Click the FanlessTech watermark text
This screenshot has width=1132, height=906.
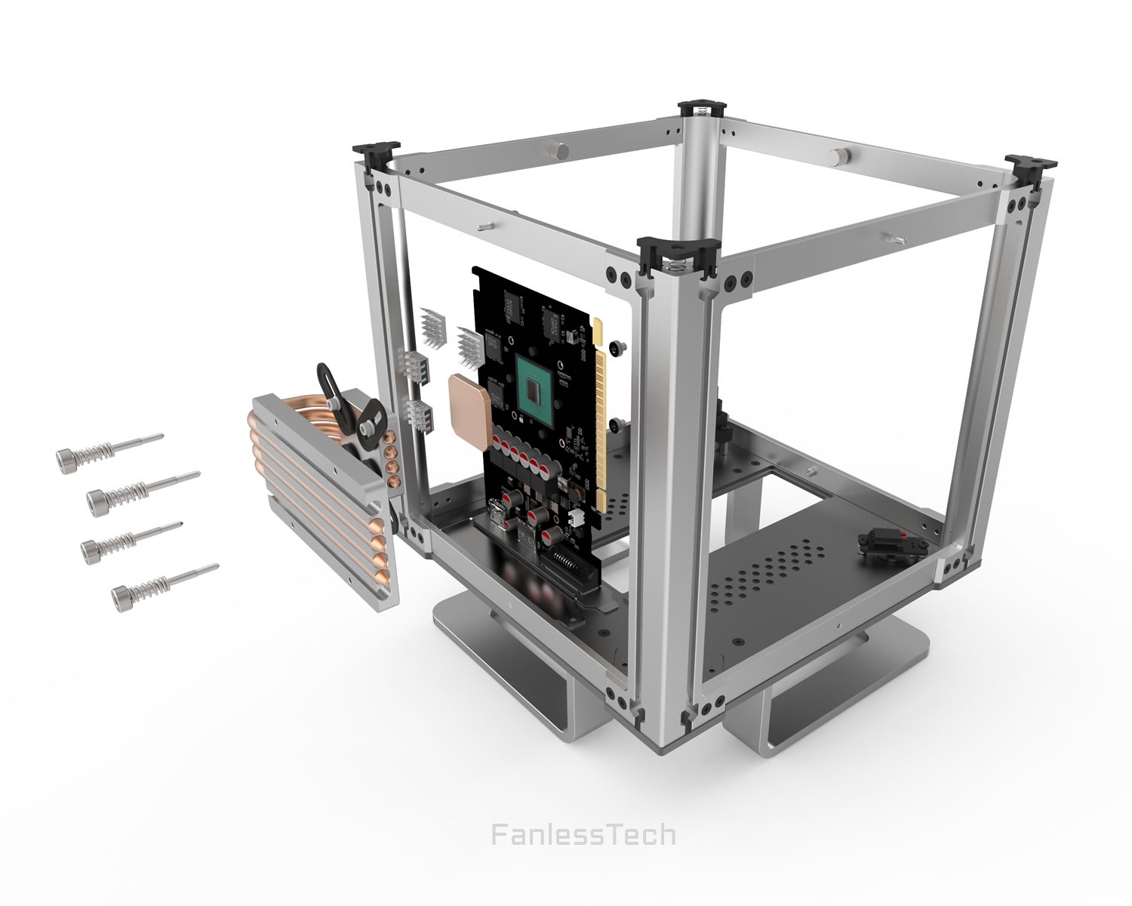583,835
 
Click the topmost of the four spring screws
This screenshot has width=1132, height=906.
106,450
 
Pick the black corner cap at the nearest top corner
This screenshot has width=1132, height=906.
678,254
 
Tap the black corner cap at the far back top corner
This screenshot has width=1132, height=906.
702,107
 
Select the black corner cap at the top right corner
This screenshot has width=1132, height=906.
1030,164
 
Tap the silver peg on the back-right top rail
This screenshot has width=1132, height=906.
837,157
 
